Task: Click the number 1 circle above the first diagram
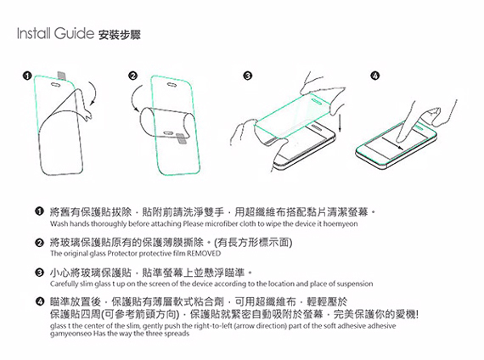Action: click(x=27, y=77)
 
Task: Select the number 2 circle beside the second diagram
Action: click(x=132, y=77)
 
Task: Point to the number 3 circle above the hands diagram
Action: click(x=247, y=77)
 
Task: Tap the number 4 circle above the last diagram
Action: click(x=374, y=77)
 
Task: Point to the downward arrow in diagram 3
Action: click(x=339, y=119)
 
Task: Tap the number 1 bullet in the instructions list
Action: click(x=40, y=210)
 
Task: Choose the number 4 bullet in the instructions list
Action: click(x=40, y=301)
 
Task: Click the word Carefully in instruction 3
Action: click(x=66, y=284)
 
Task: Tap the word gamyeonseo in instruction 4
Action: click(x=74, y=335)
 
